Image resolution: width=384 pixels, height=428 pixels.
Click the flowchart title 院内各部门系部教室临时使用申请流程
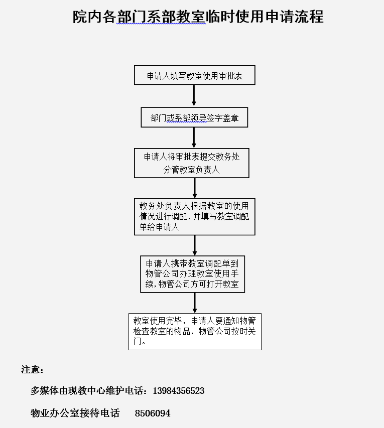(198, 17)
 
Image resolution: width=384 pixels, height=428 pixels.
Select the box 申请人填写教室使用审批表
(194, 75)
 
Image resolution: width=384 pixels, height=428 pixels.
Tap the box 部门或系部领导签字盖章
(194, 117)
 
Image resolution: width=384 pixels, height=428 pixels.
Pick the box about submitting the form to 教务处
(191, 163)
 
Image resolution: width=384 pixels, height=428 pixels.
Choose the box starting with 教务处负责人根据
(194, 217)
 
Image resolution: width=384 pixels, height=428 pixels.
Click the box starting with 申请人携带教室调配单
(192, 274)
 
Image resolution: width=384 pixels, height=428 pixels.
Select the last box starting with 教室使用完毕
(195, 331)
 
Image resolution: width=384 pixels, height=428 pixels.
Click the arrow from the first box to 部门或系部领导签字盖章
(194, 95)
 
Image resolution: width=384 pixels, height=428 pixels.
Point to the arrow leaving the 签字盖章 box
(194, 137)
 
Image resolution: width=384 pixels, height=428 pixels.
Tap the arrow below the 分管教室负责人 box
(195, 188)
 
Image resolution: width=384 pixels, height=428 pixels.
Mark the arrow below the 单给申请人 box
(195, 245)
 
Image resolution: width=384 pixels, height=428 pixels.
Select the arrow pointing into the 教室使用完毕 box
(195, 303)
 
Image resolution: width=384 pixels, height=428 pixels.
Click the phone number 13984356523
(178, 391)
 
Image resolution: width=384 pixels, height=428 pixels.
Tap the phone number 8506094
(153, 413)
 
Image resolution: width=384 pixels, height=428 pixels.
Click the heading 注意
(32, 370)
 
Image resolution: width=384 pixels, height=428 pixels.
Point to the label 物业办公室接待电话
(75, 413)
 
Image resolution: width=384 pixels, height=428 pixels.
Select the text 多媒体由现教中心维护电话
(86, 391)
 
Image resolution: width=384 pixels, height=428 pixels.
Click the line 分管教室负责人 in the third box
(191, 170)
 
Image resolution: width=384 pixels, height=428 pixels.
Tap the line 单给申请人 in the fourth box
(159, 227)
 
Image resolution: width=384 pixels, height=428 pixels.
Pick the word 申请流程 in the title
(295, 17)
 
